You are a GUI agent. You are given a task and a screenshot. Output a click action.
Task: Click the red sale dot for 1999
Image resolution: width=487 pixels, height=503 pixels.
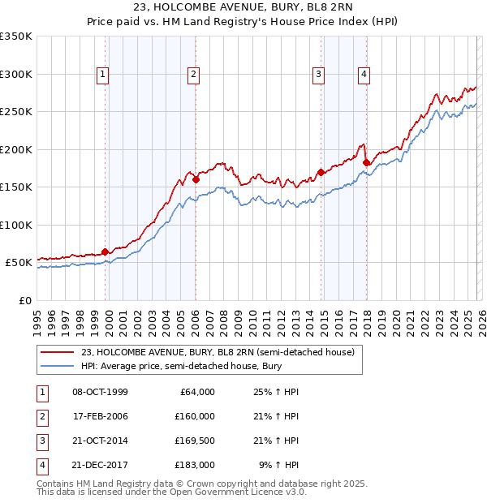[106, 251]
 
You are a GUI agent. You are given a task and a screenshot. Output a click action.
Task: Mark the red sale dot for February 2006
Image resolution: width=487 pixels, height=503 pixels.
[196, 179]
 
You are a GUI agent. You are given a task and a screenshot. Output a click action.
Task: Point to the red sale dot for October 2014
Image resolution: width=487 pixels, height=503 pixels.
[321, 172]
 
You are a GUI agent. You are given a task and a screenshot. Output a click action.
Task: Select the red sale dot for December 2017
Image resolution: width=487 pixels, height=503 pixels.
[366, 162]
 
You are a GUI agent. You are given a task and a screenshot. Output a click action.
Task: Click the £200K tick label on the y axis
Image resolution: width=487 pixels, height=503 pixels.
[16, 149]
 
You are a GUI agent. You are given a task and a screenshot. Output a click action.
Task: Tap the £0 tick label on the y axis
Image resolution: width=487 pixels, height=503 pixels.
[26, 300]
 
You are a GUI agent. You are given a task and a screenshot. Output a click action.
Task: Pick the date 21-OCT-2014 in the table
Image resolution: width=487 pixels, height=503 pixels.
[100, 442]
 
